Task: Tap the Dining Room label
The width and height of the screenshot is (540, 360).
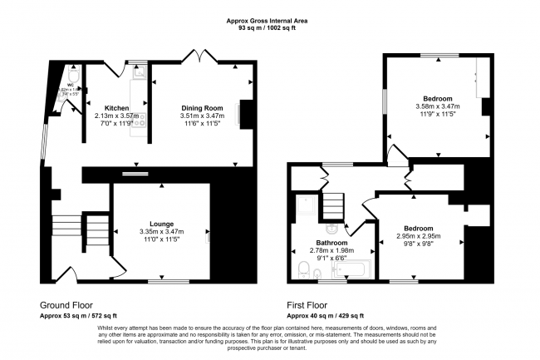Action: tap(203, 108)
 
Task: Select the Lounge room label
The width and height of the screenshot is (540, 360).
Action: tap(161, 224)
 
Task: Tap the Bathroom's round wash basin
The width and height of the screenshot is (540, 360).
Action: tap(331, 227)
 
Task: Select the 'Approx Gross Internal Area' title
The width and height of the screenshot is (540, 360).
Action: tap(269, 21)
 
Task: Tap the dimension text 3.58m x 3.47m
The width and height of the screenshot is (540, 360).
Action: tap(438, 106)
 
